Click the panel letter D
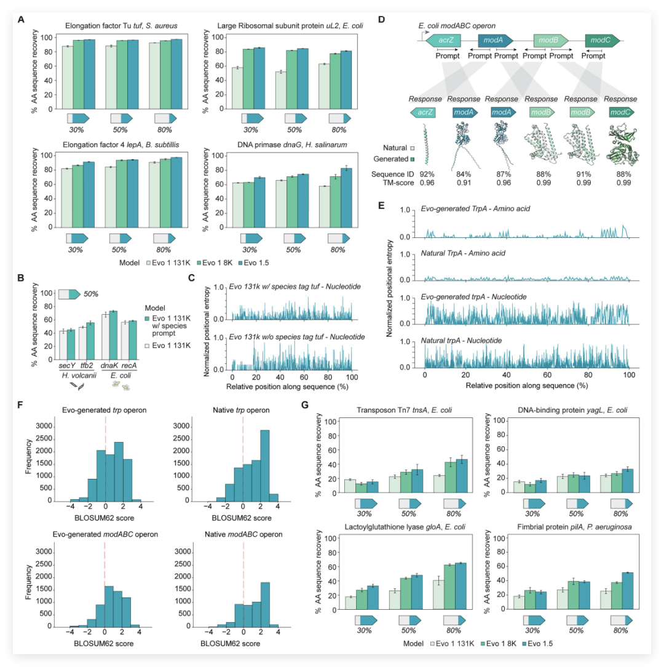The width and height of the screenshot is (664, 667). coord(381,20)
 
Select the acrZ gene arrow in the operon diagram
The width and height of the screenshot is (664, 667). coord(444,40)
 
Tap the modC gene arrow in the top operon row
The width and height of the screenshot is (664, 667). coord(602,40)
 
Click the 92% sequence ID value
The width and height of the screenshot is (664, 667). coord(427,175)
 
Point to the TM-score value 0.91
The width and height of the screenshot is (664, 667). coord(464,183)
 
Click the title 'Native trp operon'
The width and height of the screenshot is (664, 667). coord(241,410)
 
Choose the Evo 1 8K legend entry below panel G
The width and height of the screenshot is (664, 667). coord(498,644)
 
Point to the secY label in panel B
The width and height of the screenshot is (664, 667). coord(67,365)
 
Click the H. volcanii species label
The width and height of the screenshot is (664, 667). coord(79,375)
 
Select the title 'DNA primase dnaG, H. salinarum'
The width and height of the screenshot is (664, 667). coord(292,144)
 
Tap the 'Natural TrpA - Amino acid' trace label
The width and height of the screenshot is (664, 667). coord(463,253)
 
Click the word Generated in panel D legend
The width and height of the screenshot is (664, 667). coord(391,159)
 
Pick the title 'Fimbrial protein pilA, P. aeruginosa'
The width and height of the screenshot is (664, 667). coord(574,527)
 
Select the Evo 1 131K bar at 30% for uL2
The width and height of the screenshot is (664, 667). coord(237,88)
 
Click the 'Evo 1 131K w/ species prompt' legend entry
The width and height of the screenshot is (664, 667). coord(168,325)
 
